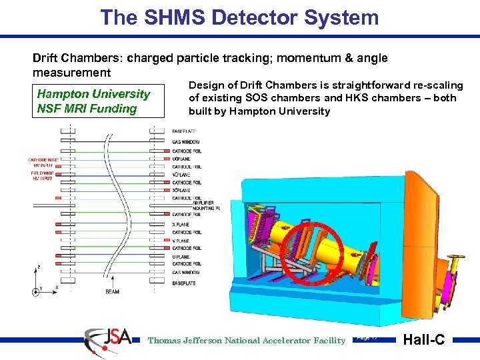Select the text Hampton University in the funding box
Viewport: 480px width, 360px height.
tap(93, 94)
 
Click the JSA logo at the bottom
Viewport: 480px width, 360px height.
tap(107, 338)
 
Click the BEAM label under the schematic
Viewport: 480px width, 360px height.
tap(113, 291)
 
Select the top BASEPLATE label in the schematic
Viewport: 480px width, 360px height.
tap(184, 133)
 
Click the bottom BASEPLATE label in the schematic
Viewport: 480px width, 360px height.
tap(184, 283)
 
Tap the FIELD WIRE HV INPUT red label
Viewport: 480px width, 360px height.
tap(41, 175)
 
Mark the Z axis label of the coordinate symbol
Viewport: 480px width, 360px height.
tap(38, 267)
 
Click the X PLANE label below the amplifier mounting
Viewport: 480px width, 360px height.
tap(181, 225)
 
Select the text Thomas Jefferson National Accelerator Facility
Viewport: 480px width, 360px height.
tap(246, 341)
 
